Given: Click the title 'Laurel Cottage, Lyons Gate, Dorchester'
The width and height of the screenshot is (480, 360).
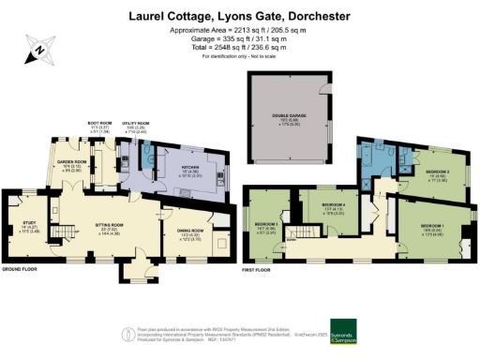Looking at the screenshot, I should (x=240, y=16).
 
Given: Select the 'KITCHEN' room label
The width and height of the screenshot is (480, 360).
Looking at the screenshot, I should (x=187, y=168).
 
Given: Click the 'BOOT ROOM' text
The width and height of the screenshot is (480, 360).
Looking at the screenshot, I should (x=99, y=123).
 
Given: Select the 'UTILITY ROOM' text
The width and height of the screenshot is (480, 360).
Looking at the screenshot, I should (x=136, y=123).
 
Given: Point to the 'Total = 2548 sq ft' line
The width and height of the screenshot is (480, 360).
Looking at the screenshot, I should (x=240, y=44).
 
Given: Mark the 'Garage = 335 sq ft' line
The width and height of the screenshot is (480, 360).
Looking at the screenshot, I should (x=240, y=37).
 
